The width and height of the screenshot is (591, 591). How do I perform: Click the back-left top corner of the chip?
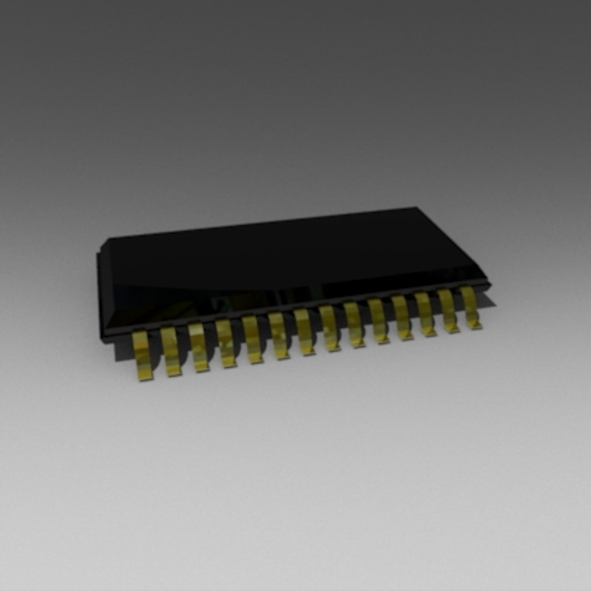pyautogui.click(x=109, y=240)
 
